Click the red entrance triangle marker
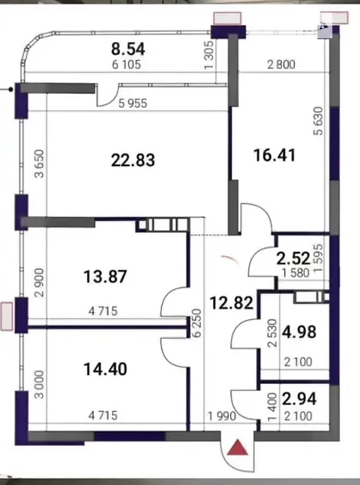pos(237,447)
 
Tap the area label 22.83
pos(133,160)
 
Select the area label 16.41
pos(274,155)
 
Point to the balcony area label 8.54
pos(128,49)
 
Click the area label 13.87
pos(105,276)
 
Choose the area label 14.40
pos(105,369)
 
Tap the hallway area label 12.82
pos(232,303)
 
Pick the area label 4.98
pos(299,332)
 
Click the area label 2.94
pos(299,398)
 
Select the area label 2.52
pos(293,258)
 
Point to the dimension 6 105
pos(127,65)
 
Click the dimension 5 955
pos(133,103)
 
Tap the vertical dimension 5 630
pos(319,120)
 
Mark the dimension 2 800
pos(281,65)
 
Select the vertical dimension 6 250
pos(198,322)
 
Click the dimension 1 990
pos(221,416)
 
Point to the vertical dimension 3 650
pos(40,163)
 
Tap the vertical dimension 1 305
pos(209,55)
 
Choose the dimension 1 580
pos(296,273)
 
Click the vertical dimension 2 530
pos(272,333)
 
